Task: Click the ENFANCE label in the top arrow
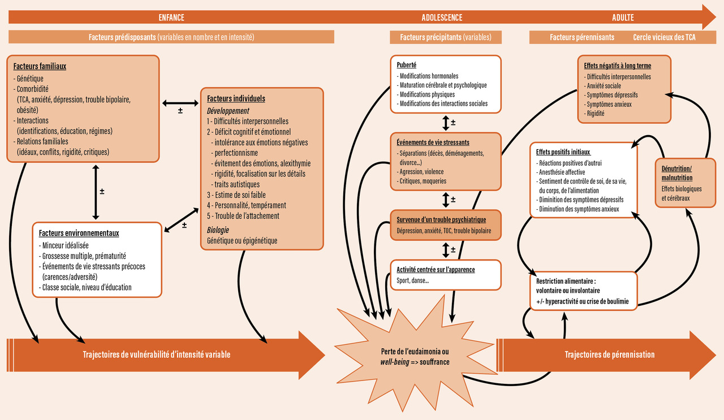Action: coord(171,18)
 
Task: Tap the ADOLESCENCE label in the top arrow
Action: coord(442,18)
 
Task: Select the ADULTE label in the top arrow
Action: coord(623,18)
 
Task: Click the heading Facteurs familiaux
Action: coord(40,66)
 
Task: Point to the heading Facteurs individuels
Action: coord(236,98)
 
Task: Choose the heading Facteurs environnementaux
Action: coord(79,233)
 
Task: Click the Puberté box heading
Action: coord(407,65)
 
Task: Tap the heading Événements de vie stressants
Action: coord(433,142)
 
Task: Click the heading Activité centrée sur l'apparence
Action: coord(436,270)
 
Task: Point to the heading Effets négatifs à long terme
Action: coord(618,66)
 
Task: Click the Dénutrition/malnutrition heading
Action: coord(676,174)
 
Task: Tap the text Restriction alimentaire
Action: coord(564,281)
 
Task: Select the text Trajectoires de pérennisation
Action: coord(610,354)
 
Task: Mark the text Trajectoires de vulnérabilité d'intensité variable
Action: coord(157,354)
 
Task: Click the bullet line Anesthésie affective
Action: coord(562,172)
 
